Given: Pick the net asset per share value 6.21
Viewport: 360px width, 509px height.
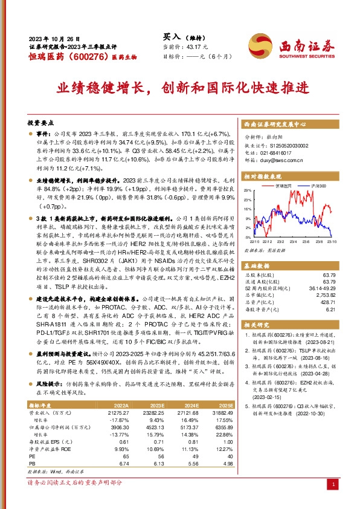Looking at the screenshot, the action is (330, 309).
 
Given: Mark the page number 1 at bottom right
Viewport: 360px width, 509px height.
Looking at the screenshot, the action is (333, 484).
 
